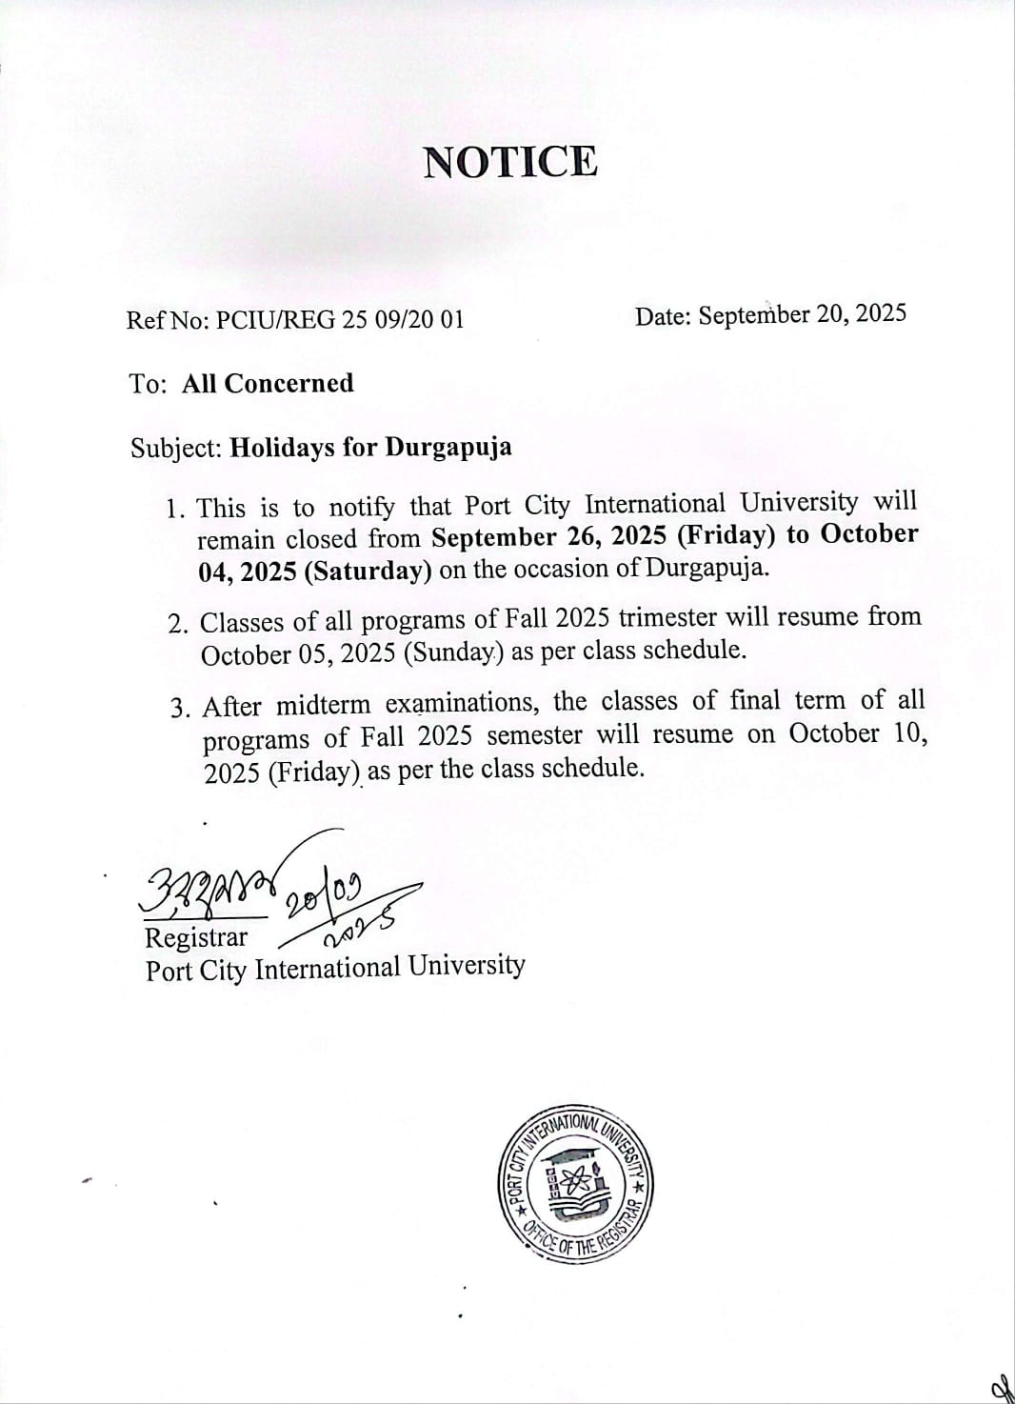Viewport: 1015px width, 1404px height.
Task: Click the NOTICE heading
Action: tap(510, 162)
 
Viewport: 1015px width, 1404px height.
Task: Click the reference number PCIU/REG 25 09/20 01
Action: tap(340, 319)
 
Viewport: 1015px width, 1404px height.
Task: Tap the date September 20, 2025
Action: tap(802, 314)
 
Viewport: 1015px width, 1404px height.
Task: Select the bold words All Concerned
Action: tap(268, 383)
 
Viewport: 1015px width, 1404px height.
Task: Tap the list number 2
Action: tap(177, 624)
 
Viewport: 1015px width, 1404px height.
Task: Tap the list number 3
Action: tap(181, 708)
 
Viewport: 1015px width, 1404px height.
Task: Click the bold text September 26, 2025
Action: tap(549, 536)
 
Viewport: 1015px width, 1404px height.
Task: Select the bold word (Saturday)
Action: tap(373, 571)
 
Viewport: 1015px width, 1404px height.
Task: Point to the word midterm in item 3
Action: tap(323, 705)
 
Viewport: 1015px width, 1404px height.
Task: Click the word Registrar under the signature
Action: tap(195, 937)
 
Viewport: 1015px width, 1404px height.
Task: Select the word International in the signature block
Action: tap(328, 969)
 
